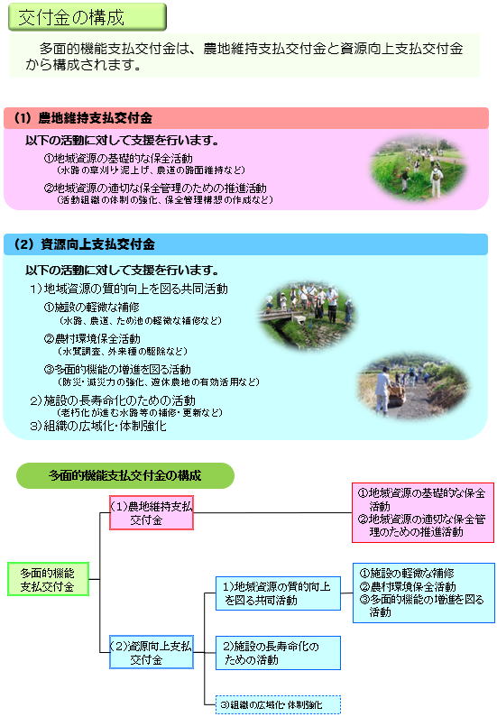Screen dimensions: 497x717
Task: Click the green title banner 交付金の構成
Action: click(87, 17)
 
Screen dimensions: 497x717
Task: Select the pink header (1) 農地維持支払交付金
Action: click(246, 118)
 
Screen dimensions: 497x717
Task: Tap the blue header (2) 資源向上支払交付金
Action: click(245, 244)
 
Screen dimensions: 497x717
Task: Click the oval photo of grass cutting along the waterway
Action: click(418, 170)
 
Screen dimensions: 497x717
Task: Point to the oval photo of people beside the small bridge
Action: click(307, 315)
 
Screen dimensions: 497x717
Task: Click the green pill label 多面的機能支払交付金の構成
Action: click(125, 475)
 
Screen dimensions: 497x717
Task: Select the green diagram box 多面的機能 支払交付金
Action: click(48, 579)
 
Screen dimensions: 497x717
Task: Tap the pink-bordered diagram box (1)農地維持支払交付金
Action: click(152, 512)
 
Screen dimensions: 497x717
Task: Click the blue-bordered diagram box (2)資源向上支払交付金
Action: click(152, 652)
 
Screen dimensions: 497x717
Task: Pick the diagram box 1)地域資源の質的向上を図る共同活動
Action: click(278, 593)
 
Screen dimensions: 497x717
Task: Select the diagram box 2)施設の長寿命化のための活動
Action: click(278, 653)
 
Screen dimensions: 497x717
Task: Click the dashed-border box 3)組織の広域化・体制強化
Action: click(278, 704)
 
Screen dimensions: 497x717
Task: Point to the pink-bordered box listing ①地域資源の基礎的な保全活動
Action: click(423, 512)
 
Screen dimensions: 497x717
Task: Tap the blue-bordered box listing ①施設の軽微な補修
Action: click(424, 593)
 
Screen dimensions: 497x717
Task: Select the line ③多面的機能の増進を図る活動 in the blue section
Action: click(117, 370)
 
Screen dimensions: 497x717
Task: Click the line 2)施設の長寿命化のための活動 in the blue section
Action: click(113, 400)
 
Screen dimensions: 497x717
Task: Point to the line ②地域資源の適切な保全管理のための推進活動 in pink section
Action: click(155, 188)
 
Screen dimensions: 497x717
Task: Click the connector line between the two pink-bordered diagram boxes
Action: click(273, 512)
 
